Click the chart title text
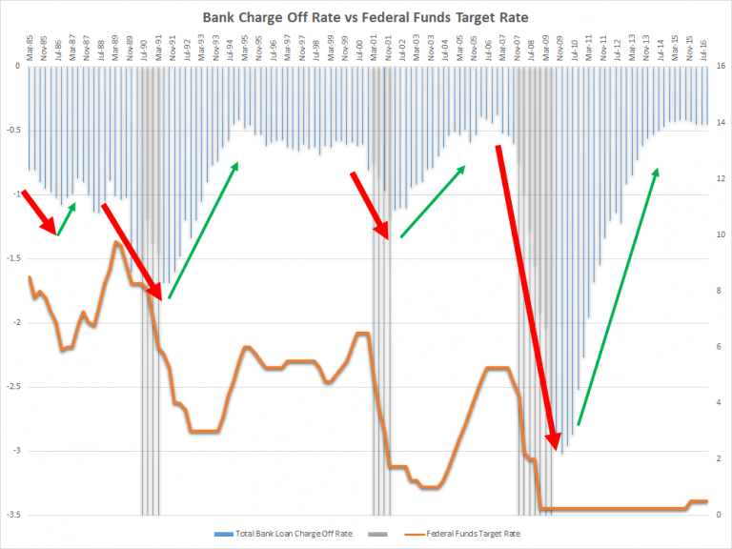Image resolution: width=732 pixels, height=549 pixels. (x=366, y=16)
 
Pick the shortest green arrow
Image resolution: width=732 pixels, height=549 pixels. (x=67, y=218)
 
